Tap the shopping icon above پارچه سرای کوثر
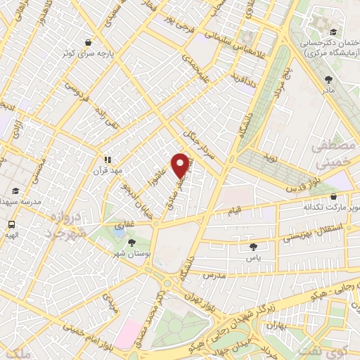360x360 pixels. click(x=86, y=41)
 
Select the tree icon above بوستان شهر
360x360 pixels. click(x=131, y=242)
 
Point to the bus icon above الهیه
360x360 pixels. click(x=11, y=225)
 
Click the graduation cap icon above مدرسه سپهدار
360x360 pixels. click(x=15, y=191)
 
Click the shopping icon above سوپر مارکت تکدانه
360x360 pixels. click(x=333, y=198)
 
